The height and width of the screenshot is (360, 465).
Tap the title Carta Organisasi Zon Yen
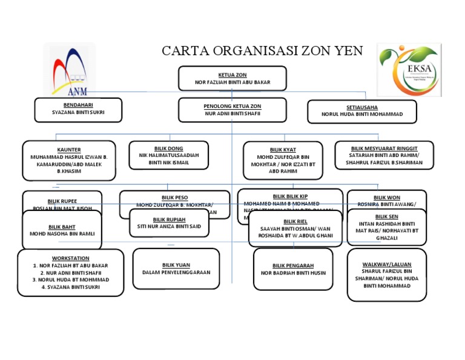pos(262,51)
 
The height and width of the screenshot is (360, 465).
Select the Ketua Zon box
pos(232,78)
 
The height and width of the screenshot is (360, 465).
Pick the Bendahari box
pos(70,108)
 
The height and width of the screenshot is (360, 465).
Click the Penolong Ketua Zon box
pos(232,110)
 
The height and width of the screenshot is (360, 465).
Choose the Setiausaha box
pos(362,111)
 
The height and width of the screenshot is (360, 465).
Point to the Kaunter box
pos(69,161)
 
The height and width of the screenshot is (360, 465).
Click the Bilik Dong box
pos(169,155)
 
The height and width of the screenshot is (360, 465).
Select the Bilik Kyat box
pos(283,160)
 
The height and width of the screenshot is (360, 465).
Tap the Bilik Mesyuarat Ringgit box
pos(384,155)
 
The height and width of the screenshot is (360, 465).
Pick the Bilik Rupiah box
pos(169,223)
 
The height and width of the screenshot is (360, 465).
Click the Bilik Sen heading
pos(386,216)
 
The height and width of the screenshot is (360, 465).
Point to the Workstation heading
pos(70,258)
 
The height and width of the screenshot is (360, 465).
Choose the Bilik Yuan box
pos(176,268)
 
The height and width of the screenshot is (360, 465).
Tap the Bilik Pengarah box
pos(293,269)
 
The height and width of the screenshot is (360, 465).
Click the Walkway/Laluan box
pos(387,275)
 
